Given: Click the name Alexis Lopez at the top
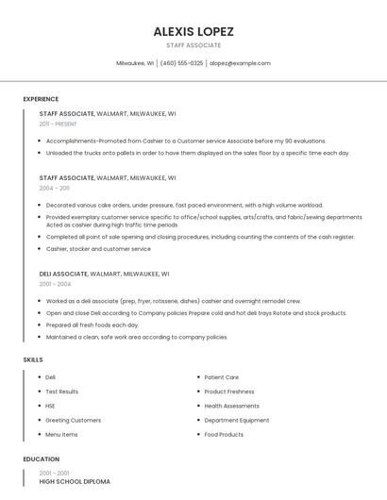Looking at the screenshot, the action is click(x=193, y=31).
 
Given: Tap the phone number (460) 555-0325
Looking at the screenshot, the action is click(x=181, y=63).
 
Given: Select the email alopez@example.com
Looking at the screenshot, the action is click(x=240, y=63).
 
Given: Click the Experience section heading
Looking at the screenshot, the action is click(x=41, y=99).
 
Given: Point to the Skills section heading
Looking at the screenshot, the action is click(x=33, y=359).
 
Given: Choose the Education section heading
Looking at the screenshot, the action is click(x=41, y=459).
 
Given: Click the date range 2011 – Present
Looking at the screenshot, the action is click(x=58, y=124).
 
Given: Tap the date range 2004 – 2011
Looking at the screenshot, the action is click(x=54, y=188).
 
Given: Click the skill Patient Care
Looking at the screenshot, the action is click(x=221, y=377).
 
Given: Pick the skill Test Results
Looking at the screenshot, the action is click(x=61, y=392).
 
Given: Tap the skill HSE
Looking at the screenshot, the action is click(x=50, y=406).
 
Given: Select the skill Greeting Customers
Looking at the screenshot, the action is click(x=73, y=420).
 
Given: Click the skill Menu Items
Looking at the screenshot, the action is click(x=61, y=435).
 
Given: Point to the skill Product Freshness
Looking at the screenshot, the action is click(x=228, y=392).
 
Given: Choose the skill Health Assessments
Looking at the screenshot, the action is click(x=231, y=406).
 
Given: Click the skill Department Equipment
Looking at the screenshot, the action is click(x=236, y=420).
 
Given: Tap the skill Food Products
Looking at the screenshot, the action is click(x=224, y=435).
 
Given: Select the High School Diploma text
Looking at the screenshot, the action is click(x=75, y=482).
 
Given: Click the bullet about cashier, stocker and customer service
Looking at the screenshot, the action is click(x=98, y=249).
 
